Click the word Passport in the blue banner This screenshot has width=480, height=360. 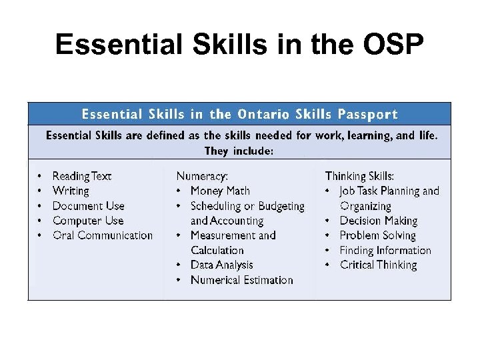[367, 114]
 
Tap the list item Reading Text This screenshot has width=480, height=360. [81, 176]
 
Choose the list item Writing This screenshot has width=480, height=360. [70, 191]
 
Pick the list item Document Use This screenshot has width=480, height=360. [88, 206]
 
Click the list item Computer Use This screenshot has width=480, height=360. [88, 221]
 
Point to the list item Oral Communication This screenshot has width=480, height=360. [102, 235]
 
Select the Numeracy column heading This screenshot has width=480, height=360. [202, 176]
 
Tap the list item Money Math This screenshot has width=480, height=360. [220, 191]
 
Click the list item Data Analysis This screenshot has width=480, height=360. [221, 265]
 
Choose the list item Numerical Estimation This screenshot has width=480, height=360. [241, 280]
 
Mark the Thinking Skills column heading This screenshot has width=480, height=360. [359, 176]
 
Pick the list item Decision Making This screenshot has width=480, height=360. [378, 221]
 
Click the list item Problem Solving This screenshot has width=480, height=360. [377, 235]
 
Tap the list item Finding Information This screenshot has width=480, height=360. [385, 251]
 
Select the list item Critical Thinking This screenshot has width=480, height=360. [378, 265]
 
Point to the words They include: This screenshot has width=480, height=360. [239, 151]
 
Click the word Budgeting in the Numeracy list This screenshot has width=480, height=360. [280, 206]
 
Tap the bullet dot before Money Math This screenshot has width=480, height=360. [179, 191]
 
